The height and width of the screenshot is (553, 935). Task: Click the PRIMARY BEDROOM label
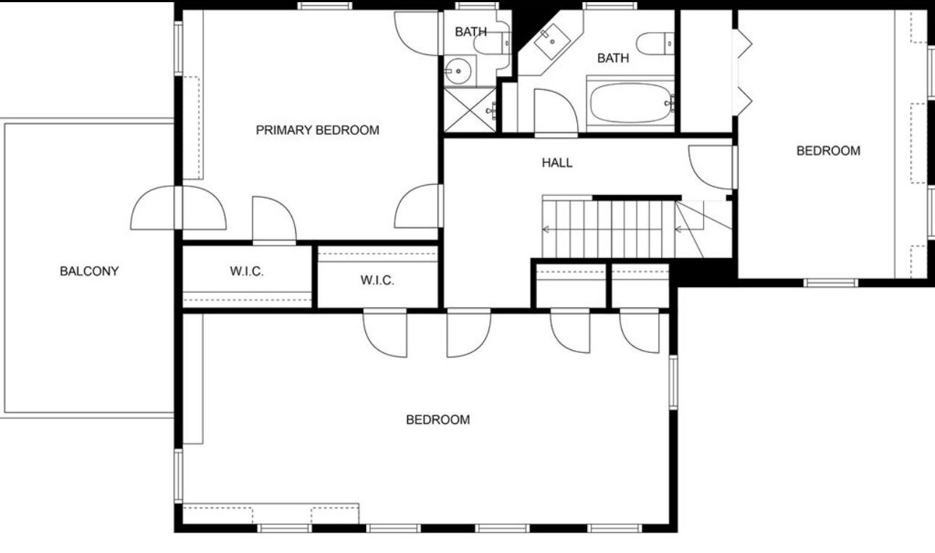click(x=317, y=130)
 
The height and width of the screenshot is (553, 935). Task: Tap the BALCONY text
click(x=89, y=271)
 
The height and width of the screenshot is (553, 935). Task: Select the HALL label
click(x=557, y=163)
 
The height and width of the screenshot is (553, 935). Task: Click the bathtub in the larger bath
click(x=631, y=103)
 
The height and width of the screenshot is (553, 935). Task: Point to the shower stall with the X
click(x=470, y=109)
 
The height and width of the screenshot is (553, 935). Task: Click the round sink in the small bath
click(x=457, y=71)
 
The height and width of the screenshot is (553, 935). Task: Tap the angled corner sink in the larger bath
click(x=551, y=41)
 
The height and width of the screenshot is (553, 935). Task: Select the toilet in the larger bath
click(x=655, y=43)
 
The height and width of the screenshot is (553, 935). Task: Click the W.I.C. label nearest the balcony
click(x=246, y=271)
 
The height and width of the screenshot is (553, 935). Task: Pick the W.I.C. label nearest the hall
click(x=377, y=280)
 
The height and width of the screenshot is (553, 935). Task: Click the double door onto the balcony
click(x=178, y=208)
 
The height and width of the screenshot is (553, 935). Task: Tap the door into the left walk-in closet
click(x=274, y=220)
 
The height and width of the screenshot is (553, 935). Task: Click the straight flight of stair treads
click(x=609, y=229)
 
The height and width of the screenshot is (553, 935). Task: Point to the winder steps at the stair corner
click(x=704, y=229)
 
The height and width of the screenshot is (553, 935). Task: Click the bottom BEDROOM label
click(x=438, y=420)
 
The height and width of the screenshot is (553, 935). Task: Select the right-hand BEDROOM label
click(x=828, y=151)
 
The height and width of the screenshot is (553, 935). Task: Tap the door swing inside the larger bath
click(x=556, y=112)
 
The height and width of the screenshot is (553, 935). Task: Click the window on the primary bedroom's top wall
click(x=325, y=5)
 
